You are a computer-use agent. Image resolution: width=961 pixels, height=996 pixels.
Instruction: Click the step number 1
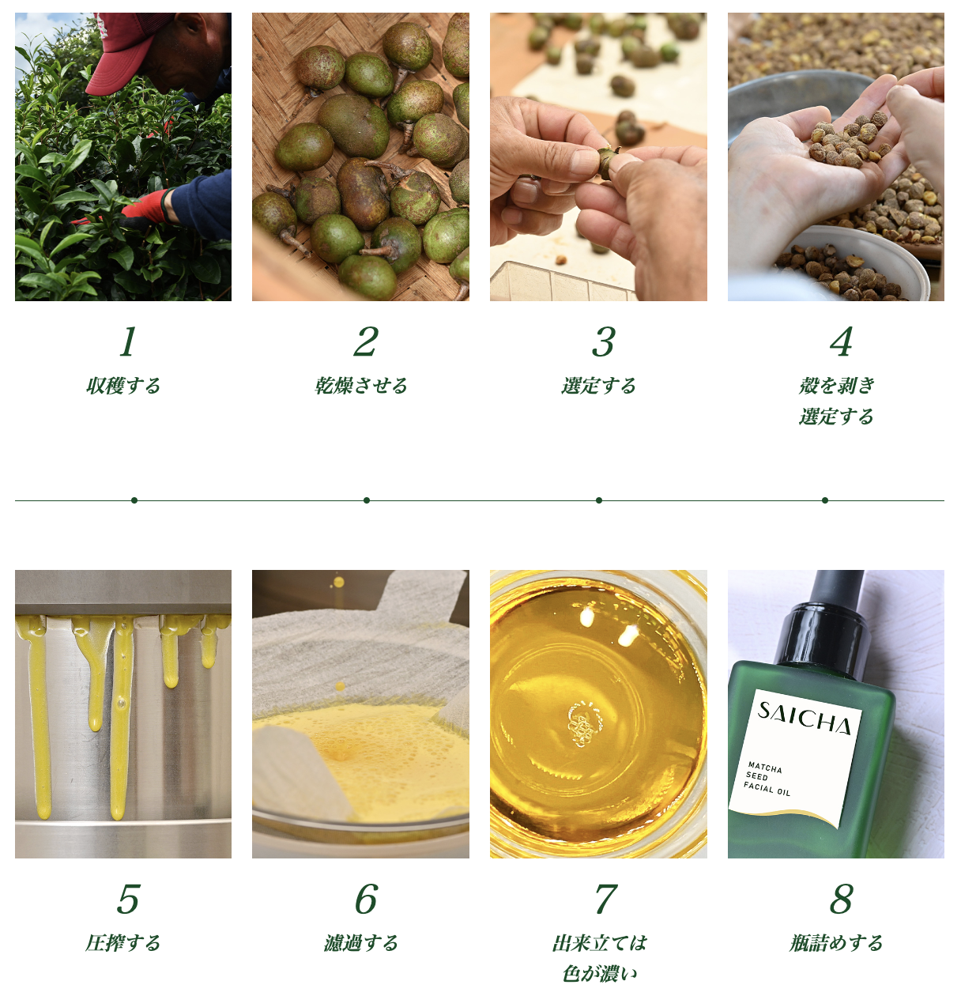click(x=128, y=341)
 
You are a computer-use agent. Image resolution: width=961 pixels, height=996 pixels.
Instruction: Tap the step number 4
click(x=841, y=341)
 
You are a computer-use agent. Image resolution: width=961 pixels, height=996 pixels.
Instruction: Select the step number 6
click(x=367, y=899)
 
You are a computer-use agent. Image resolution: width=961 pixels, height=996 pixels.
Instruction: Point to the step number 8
click(x=841, y=899)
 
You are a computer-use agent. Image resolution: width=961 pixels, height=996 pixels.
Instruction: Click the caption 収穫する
click(x=123, y=386)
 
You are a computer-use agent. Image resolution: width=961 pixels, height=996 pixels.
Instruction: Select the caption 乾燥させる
click(x=360, y=386)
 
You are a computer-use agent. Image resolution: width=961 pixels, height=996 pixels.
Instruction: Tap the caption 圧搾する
click(x=123, y=943)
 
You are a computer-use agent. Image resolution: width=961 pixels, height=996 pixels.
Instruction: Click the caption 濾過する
click(x=360, y=943)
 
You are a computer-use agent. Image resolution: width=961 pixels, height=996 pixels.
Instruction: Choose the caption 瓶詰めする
click(x=836, y=943)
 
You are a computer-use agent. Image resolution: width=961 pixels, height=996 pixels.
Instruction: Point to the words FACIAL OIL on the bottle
click(x=767, y=789)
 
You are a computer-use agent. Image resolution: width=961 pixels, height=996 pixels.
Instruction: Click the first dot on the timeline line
click(x=134, y=500)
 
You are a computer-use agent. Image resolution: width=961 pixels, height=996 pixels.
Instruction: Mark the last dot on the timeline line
click(x=825, y=500)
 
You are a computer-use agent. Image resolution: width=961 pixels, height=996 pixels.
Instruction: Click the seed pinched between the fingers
click(x=608, y=161)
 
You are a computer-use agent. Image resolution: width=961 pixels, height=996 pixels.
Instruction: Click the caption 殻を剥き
click(x=837, y=386)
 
